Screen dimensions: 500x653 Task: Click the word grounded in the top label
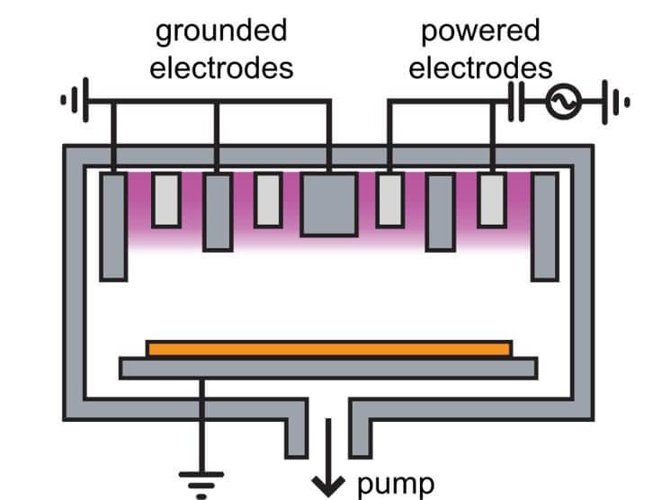(x=221, y=31)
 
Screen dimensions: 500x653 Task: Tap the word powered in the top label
(x=480, y=31)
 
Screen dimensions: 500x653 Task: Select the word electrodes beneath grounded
(x=221, y=67)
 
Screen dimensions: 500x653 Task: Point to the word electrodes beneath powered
(x=480, y=67)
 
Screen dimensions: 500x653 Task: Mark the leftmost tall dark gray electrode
(x=112, y=226)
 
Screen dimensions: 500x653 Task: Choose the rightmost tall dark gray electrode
(x=544, y=226)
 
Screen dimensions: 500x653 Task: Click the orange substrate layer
(x=329, y=348)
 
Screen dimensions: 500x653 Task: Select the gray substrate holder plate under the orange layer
(x=328, y=368)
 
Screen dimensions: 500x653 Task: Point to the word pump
(x=395, y=485)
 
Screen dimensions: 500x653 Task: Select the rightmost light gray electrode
(x=492, y=199)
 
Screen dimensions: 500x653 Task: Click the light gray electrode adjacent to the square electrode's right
(x=389, y=199)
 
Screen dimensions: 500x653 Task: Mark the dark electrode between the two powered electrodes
(x=440, y=212)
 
